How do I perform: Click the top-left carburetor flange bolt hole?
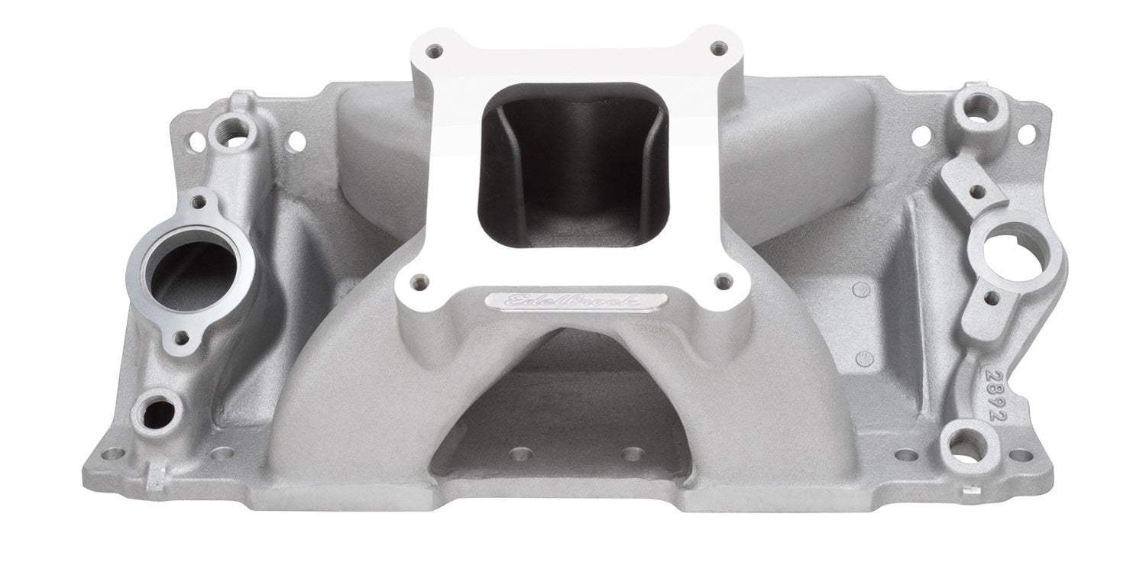tap(436, 50)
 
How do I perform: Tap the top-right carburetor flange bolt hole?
tap(718, 49)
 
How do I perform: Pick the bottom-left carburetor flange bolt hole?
tap(419, 282)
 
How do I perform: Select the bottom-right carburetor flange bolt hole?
tap(723, 280)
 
